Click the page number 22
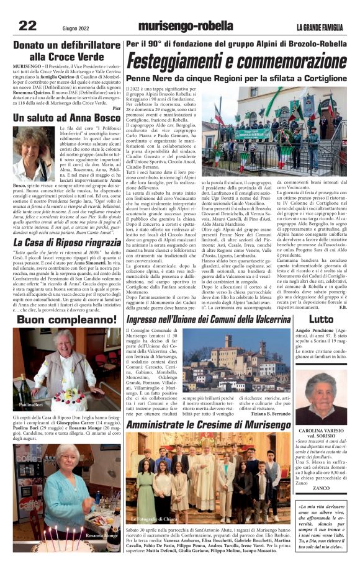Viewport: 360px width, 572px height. (x=27, y=25)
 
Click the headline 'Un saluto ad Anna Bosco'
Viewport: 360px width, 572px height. (x=67, y=117)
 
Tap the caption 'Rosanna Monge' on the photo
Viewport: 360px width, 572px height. (x=102, y=535)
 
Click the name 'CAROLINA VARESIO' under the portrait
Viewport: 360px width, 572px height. (x=320, y=430)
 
